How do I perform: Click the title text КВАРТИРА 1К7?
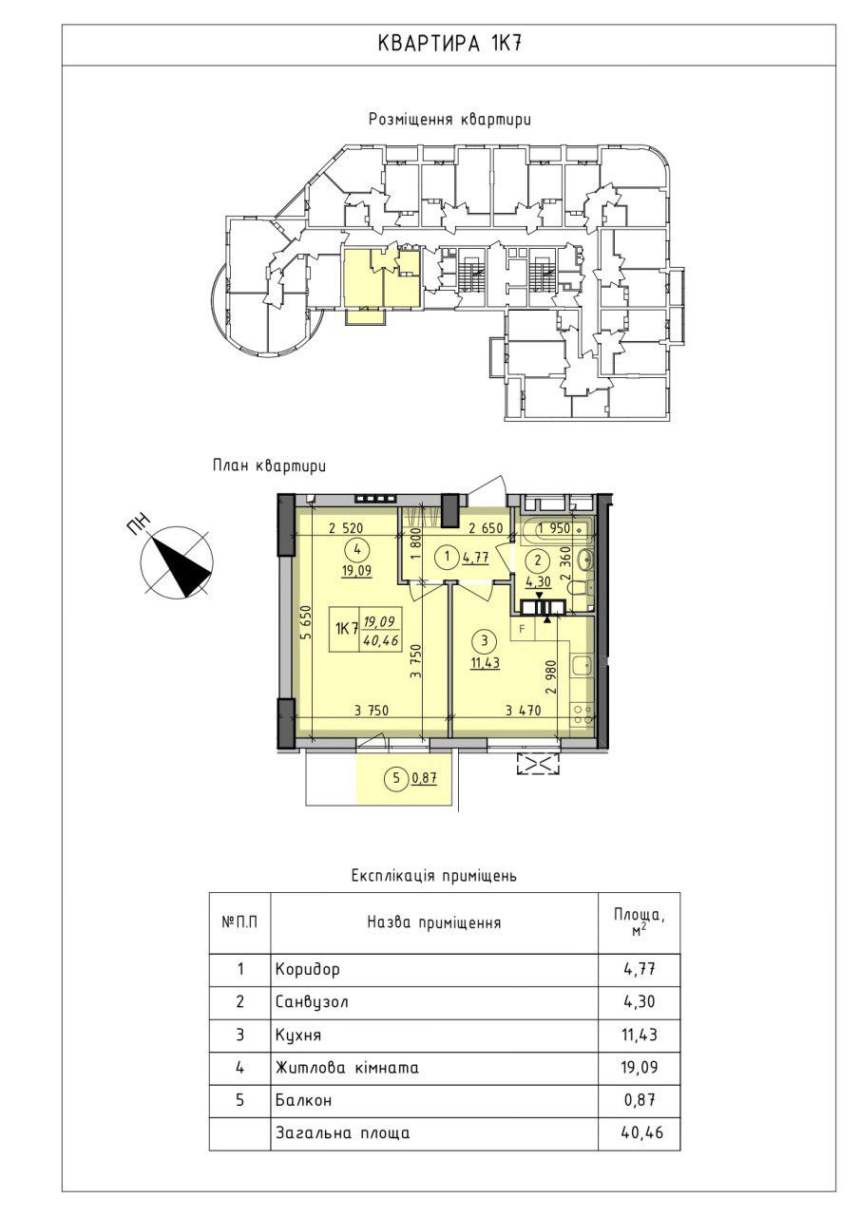[449, 44]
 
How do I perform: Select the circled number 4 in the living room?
[356, 549]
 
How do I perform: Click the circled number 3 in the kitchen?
[485, 641]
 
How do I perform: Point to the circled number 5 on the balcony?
[396, 778]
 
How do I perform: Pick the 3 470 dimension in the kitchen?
[523, 710]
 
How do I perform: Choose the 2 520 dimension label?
[346, 528]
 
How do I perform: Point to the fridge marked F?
[523, 630]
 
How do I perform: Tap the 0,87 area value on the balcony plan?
[425, 779]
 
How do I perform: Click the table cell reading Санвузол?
[312, 1001]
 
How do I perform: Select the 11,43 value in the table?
[639, 1035]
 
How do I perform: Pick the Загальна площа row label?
[343, 1133]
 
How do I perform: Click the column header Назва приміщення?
[433, 922]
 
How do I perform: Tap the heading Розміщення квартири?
[449, 120]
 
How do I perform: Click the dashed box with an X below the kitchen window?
[538, 764]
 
